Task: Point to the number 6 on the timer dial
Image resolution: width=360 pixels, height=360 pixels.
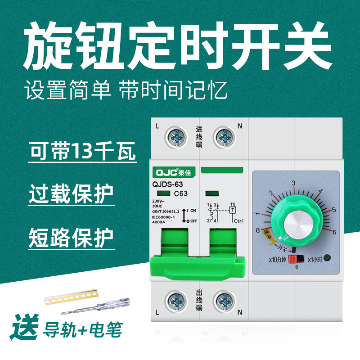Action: [x=334, y=232]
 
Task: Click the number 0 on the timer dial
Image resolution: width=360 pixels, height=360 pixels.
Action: [x=257, y=230]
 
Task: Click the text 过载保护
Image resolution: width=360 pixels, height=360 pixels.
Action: [x=71, y=196]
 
